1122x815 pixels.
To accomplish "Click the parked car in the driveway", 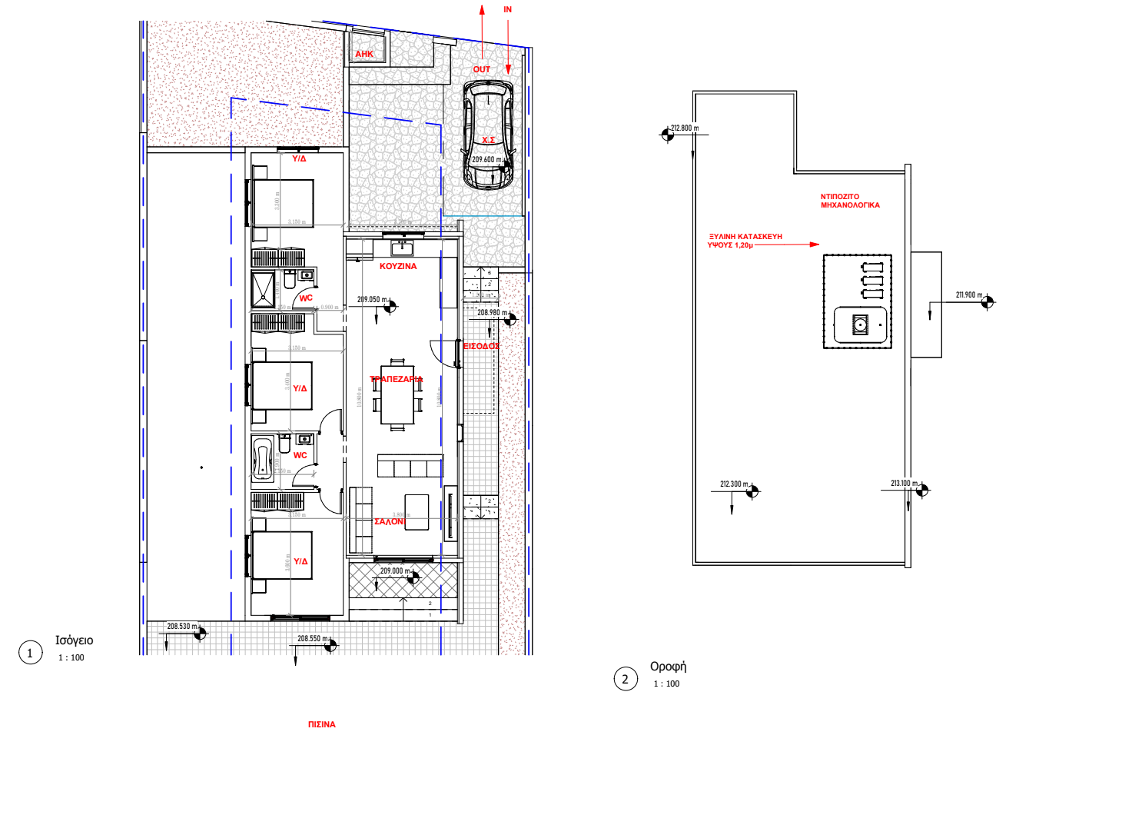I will (488, 135).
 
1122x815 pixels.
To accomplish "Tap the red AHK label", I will (364, 55).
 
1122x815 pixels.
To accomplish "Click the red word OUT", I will (481, 69).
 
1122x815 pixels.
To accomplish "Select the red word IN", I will (507, 9).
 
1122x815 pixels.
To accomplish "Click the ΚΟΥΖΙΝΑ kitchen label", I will (398, 266).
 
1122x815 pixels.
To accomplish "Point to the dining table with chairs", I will (397, 394).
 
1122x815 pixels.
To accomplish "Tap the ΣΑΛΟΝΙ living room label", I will (390, 521).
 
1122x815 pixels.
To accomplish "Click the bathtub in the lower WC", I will (263, 459).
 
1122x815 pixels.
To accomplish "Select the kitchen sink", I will (402, 248).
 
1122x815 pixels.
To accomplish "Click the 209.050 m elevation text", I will (372, 300).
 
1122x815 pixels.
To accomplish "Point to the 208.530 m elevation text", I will (182, 627).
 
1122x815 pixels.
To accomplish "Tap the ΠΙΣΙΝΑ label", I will (321, 724).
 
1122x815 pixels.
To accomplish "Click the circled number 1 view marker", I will (31, 653).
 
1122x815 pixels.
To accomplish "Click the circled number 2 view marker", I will (626, 679).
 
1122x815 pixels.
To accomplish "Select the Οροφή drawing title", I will (668, 667).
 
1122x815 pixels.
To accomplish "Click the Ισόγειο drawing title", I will (74, 640).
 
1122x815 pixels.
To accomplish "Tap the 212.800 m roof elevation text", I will (684, 128).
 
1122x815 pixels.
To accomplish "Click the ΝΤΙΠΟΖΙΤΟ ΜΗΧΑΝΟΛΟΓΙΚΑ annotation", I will (850, 201).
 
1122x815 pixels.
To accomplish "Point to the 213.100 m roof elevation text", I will (904, 484).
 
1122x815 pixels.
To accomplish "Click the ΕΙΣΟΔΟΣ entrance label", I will (481, 346).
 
